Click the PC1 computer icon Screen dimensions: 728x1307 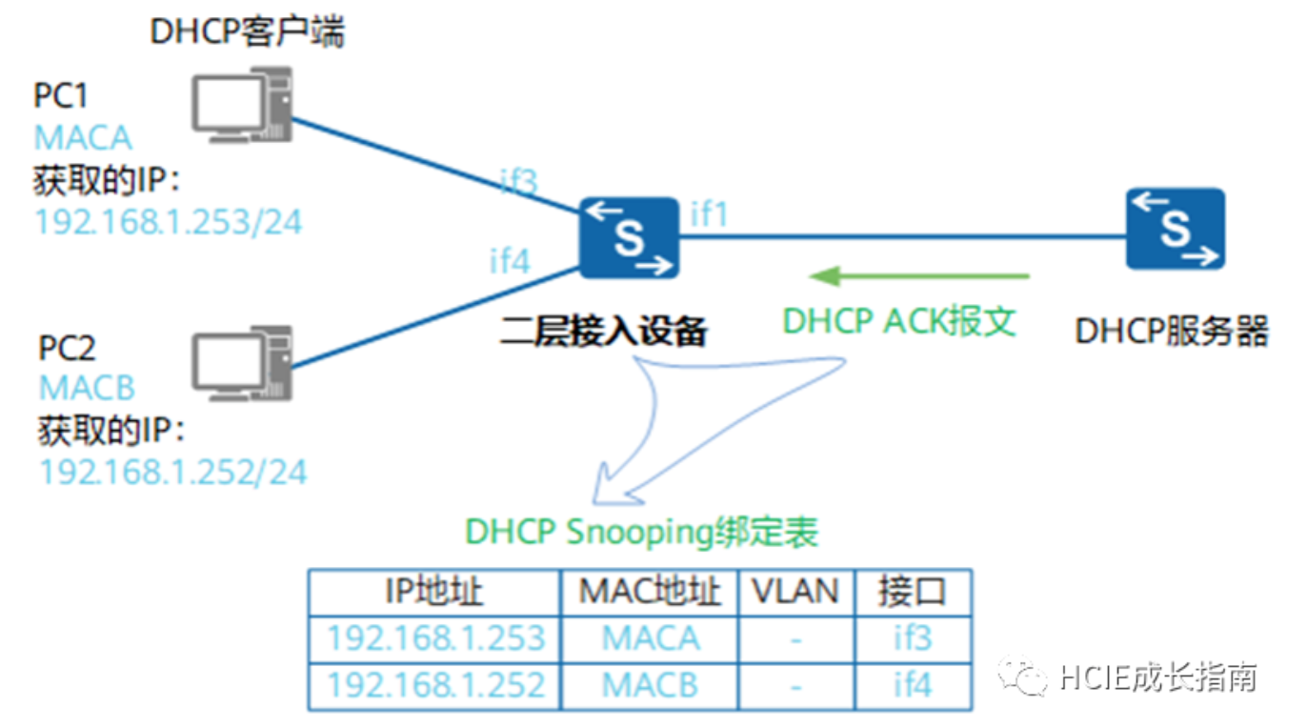pos(242,105)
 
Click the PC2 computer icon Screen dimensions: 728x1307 pos(242,362)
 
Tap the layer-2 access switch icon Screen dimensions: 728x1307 pos(628,237)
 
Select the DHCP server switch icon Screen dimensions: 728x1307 pos(1176,229)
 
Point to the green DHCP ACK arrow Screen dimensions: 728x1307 pos(919,277)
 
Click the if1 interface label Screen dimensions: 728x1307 pos(709,214)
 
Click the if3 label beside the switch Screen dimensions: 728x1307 pos(518,179)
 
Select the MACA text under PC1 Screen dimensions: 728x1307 pos(83,138)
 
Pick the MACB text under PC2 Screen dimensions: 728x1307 pos(87,388)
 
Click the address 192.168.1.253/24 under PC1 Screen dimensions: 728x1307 pos(169,222)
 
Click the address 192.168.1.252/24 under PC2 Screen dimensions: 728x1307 pos(173,472)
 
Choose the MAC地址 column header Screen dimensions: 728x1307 pos(650,592)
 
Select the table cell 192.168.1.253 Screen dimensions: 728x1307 pos(436,637)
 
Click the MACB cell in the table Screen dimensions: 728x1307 pos(650,684)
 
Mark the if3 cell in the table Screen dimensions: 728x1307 pos(912,637)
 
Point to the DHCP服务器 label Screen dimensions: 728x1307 pos(1172,331)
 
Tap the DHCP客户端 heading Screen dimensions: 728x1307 pos(247,33)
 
